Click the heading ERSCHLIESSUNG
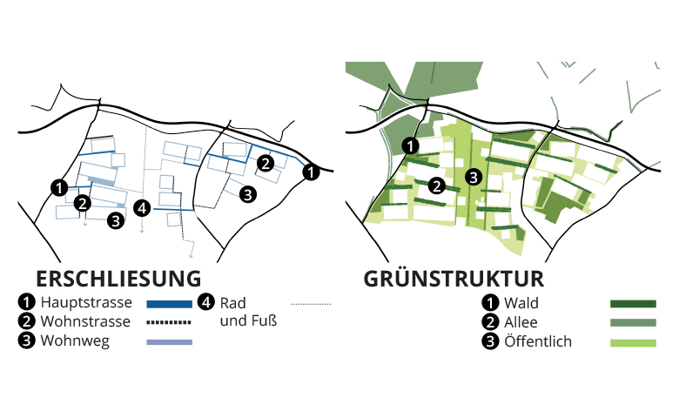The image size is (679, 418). (118, 279)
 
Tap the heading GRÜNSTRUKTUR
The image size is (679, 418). (454, 278)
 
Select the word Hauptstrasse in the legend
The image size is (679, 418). (86, 302)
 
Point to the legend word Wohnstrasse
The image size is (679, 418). (85, 321)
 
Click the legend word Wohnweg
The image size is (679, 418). (75, 341)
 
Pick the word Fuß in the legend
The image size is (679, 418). (264, 320)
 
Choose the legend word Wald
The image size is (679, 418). (521, 303)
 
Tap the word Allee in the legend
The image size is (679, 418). (521, 322)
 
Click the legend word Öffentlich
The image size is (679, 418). (538, 340)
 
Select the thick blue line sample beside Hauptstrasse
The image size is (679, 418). (170, 304)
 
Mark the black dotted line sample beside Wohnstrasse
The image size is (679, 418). (169, 322)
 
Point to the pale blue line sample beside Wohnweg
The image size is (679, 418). (170, 342)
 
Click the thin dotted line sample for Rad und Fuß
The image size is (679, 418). (311, 304)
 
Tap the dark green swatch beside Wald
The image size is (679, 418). (633, 304)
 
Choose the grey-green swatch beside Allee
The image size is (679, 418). (633, 323)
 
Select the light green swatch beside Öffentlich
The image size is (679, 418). (633, 343)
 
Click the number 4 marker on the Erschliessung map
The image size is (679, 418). (142, 208)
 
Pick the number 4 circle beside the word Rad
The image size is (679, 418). (206, 302)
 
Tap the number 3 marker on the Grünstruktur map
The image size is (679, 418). (474, 177)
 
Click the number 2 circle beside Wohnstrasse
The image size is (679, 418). (26, 321)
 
